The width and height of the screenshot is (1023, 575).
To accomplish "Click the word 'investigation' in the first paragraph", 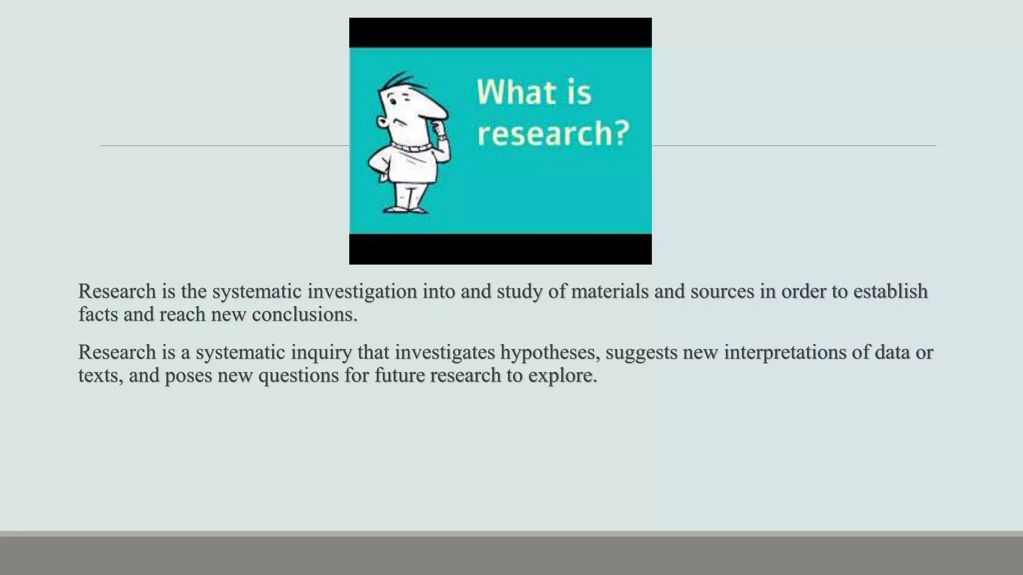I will click(x=362, y=291).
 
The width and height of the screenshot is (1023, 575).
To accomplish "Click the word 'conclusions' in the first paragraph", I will click(x=304, y=314).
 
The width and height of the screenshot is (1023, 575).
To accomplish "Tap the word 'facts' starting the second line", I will click(x=98, y=314).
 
